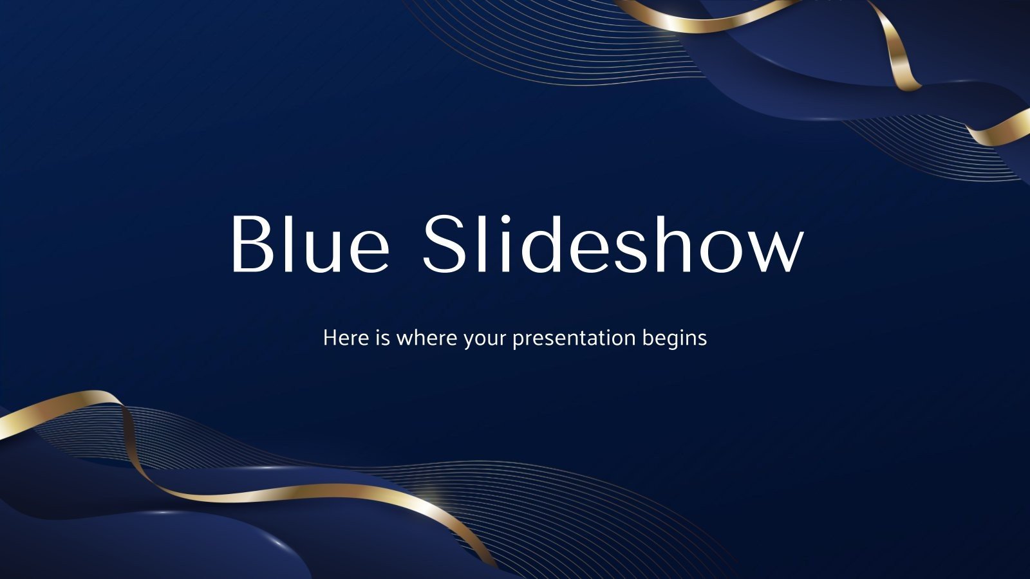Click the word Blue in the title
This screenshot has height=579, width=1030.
coord(310,244)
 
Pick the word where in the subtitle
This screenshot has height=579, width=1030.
coord(426,338)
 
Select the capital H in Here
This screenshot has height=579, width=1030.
coord(330,337)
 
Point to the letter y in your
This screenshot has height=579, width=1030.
coord(468,341)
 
